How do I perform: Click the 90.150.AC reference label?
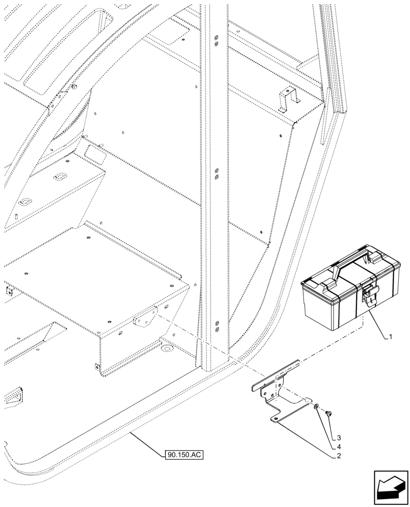(184, 455)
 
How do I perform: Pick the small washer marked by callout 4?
(316, 407)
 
